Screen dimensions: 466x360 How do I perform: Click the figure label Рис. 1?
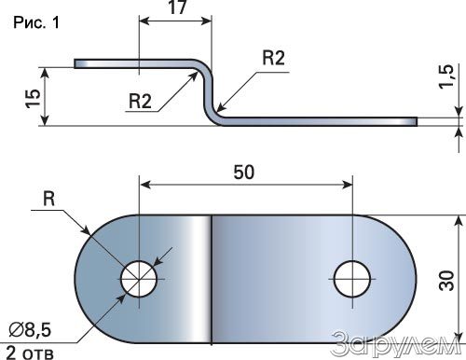[36, 23]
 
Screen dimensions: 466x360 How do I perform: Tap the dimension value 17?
[178, 7]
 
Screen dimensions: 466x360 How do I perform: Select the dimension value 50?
[244, 173]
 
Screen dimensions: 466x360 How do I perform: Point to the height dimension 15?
[33, 99]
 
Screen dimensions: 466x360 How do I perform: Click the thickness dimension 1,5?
[446, 76]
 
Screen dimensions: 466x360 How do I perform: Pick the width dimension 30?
[446, 281]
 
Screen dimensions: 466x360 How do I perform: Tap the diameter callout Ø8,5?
[30, 329]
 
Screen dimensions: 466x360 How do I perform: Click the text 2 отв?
[30, 353]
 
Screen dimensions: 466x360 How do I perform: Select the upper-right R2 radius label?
[273, 58]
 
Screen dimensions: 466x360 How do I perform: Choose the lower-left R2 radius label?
[140, 101]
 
